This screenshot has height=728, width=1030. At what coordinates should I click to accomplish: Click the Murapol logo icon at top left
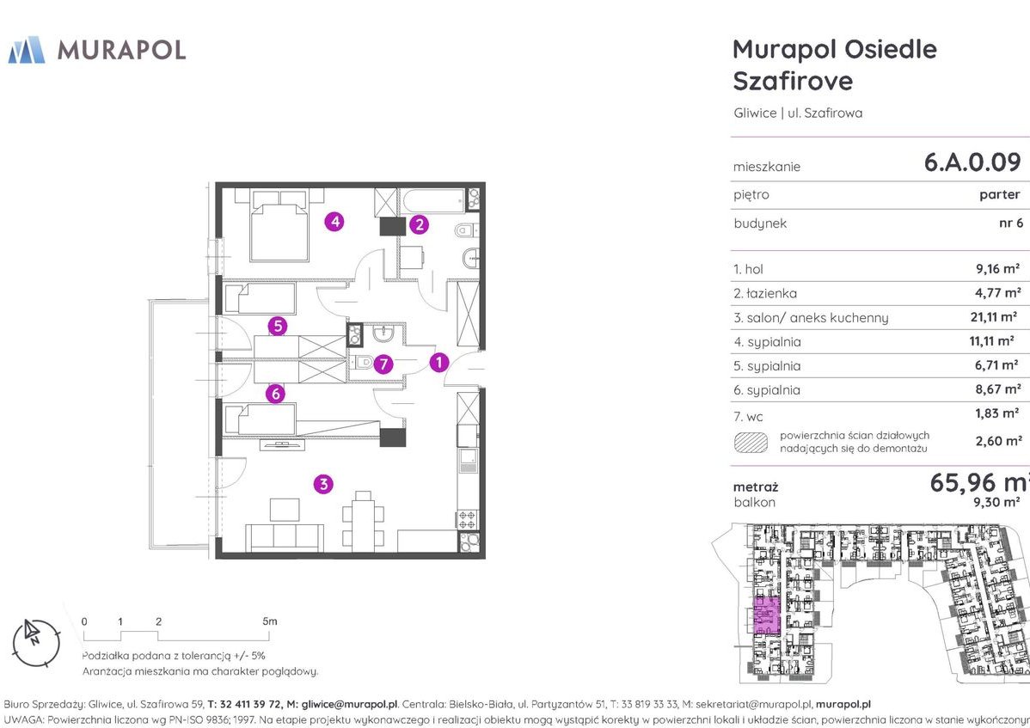26,50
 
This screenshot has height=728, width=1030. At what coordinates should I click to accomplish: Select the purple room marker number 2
419,225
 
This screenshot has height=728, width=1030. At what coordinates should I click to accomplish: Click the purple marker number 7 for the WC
383,364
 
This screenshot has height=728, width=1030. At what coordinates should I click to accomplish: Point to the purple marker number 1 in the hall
438,363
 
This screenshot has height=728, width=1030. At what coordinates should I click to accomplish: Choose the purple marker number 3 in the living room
323,484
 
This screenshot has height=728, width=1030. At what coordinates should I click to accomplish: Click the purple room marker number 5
277,326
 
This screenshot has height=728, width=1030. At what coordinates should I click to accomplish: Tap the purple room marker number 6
275,395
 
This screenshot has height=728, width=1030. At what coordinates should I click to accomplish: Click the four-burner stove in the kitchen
467,519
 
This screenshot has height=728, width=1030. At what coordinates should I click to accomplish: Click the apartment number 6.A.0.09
972,162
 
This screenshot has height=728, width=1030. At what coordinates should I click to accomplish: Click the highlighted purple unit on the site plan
766,615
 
